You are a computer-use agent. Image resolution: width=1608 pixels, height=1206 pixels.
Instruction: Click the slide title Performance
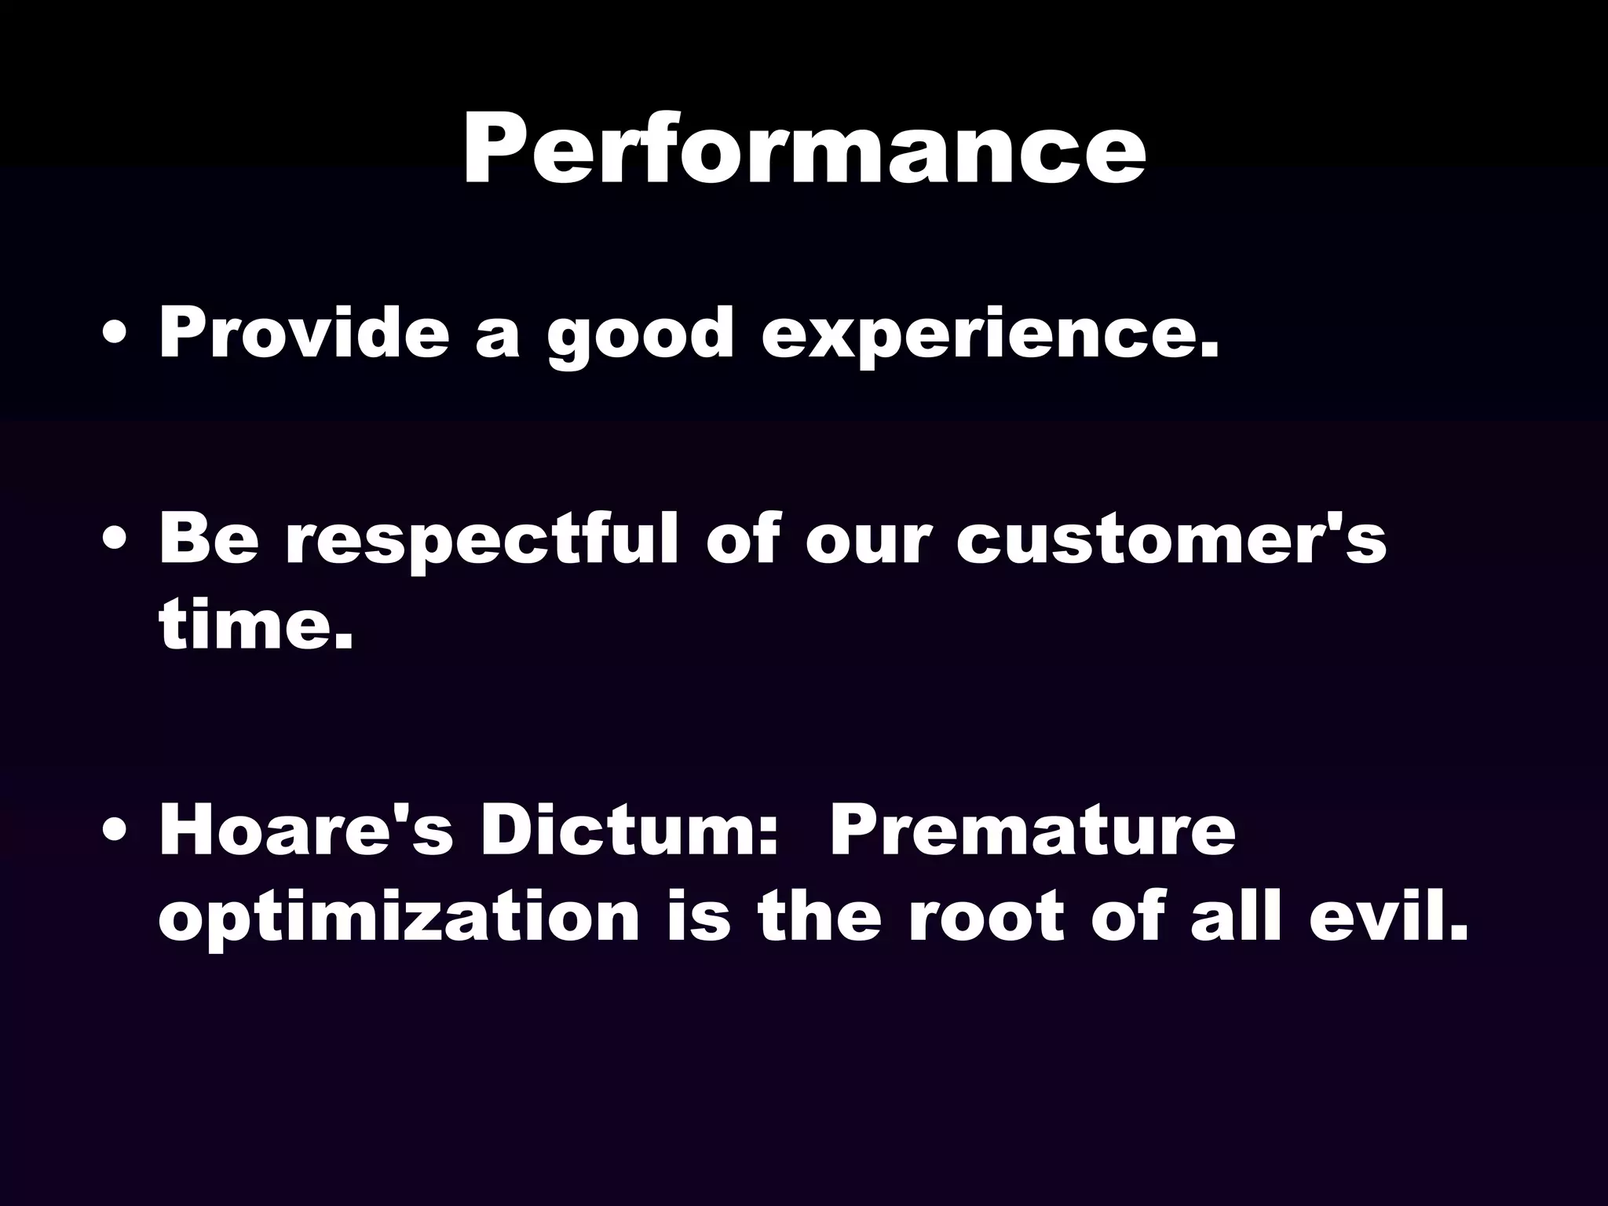point(804,149)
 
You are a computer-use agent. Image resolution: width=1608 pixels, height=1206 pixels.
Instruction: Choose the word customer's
point(1171,540)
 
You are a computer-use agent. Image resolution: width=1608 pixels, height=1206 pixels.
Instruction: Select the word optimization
point(399,919)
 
